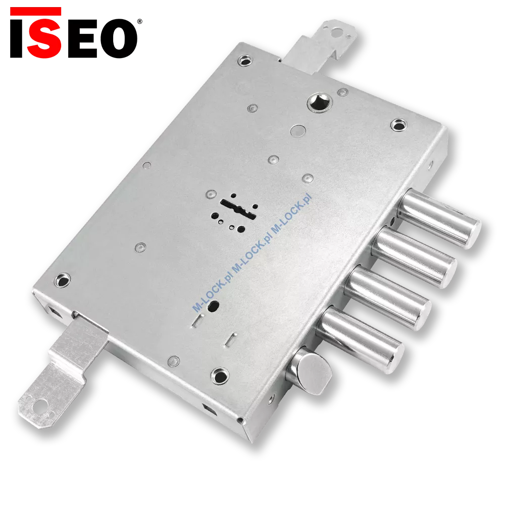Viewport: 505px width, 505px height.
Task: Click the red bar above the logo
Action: (x=35, y=11)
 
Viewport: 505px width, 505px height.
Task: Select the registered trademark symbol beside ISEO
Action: (x=140, y=21)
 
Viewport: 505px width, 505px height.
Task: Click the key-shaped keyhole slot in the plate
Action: (x=238, y=209)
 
